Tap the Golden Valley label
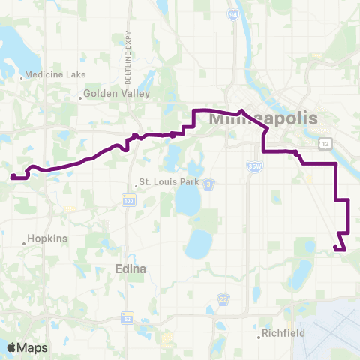[121, 94]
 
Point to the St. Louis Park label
[172, 182]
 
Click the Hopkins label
[47, 238]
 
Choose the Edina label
[130, 268]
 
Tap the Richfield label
[285, 332]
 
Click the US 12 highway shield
[324, 142]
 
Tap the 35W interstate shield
[256, 166]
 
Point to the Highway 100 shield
[129, 199]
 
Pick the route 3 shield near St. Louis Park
[209, 183]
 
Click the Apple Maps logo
[28, 347]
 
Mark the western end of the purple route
[12, 177]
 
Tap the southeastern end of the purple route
[344, 249]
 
